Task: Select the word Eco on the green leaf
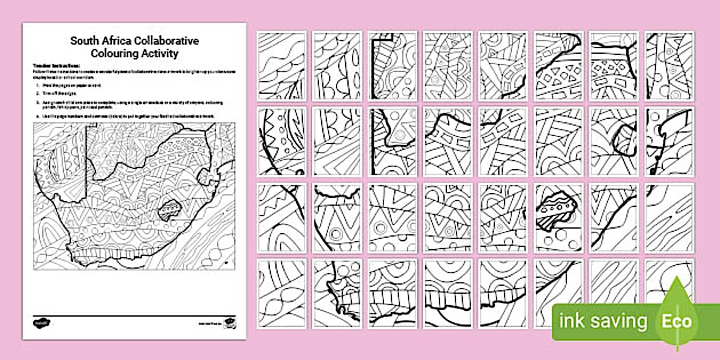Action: (x=677, y=321)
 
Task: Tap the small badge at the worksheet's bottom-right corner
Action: (x=230, y=322)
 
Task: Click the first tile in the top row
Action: (x=282, y=66)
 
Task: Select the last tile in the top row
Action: (x=669, y=66)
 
